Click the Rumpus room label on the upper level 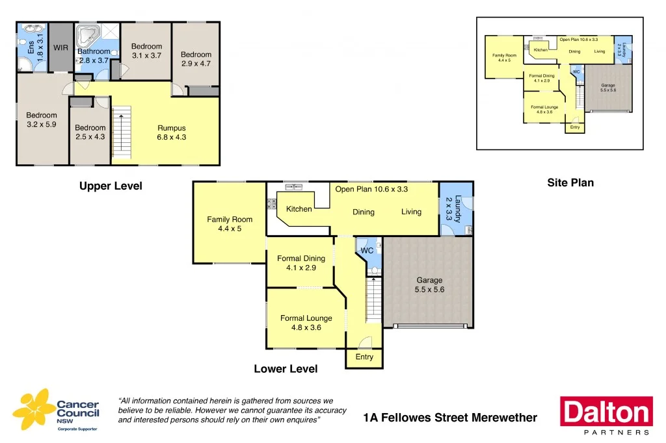(172, 133)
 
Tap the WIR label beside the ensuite (60, 47)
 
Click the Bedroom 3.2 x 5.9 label (42, 120)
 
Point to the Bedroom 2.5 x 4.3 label (90, 133)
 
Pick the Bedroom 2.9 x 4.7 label (196, 59)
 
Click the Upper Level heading (111, 186)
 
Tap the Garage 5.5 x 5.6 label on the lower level (429, 285)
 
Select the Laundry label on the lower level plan (458, 209)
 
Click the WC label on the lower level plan (367, 250)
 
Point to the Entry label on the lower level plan (364, 357)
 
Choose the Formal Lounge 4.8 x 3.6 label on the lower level (306, 323)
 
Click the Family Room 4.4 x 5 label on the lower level (230, 224)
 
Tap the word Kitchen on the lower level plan (299, 209)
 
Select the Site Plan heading (570, 183)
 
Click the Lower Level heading (286, 369)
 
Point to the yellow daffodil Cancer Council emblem (33, 409)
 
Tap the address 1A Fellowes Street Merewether (450, 418)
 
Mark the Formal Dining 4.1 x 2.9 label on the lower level (301, 263)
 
